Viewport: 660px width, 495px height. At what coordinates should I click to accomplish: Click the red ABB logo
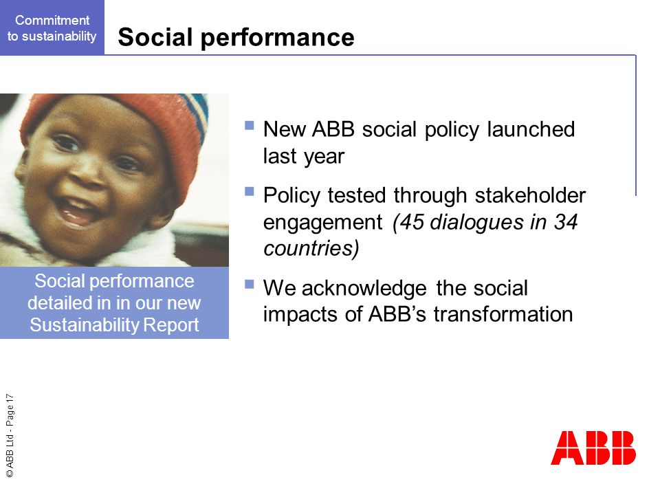click(x=593, y=448)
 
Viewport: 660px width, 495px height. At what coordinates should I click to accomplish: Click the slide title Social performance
click(x=236, y=37)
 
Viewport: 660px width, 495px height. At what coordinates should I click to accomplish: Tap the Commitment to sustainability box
click(x=52, y=27)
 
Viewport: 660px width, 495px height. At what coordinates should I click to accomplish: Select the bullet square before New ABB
click(x=249, y=125)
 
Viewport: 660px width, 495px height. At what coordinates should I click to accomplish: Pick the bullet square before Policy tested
click(x=249, y=192)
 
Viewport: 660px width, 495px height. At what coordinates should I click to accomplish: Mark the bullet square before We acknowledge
click(x=249, y=284)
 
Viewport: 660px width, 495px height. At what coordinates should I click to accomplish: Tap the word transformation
click(x=503, y=314)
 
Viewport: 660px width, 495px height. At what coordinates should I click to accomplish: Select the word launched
click(x=531, y=129)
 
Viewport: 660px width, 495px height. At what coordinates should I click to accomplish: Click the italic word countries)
click(x=311, y=248)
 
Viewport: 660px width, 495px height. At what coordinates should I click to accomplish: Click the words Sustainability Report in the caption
click(x=115, y=325)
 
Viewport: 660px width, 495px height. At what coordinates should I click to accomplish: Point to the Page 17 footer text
click(x=10, y=410)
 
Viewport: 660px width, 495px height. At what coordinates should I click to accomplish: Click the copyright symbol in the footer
click(x=10, y=474)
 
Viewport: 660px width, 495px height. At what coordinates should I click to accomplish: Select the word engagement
click(x=323, y=223)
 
